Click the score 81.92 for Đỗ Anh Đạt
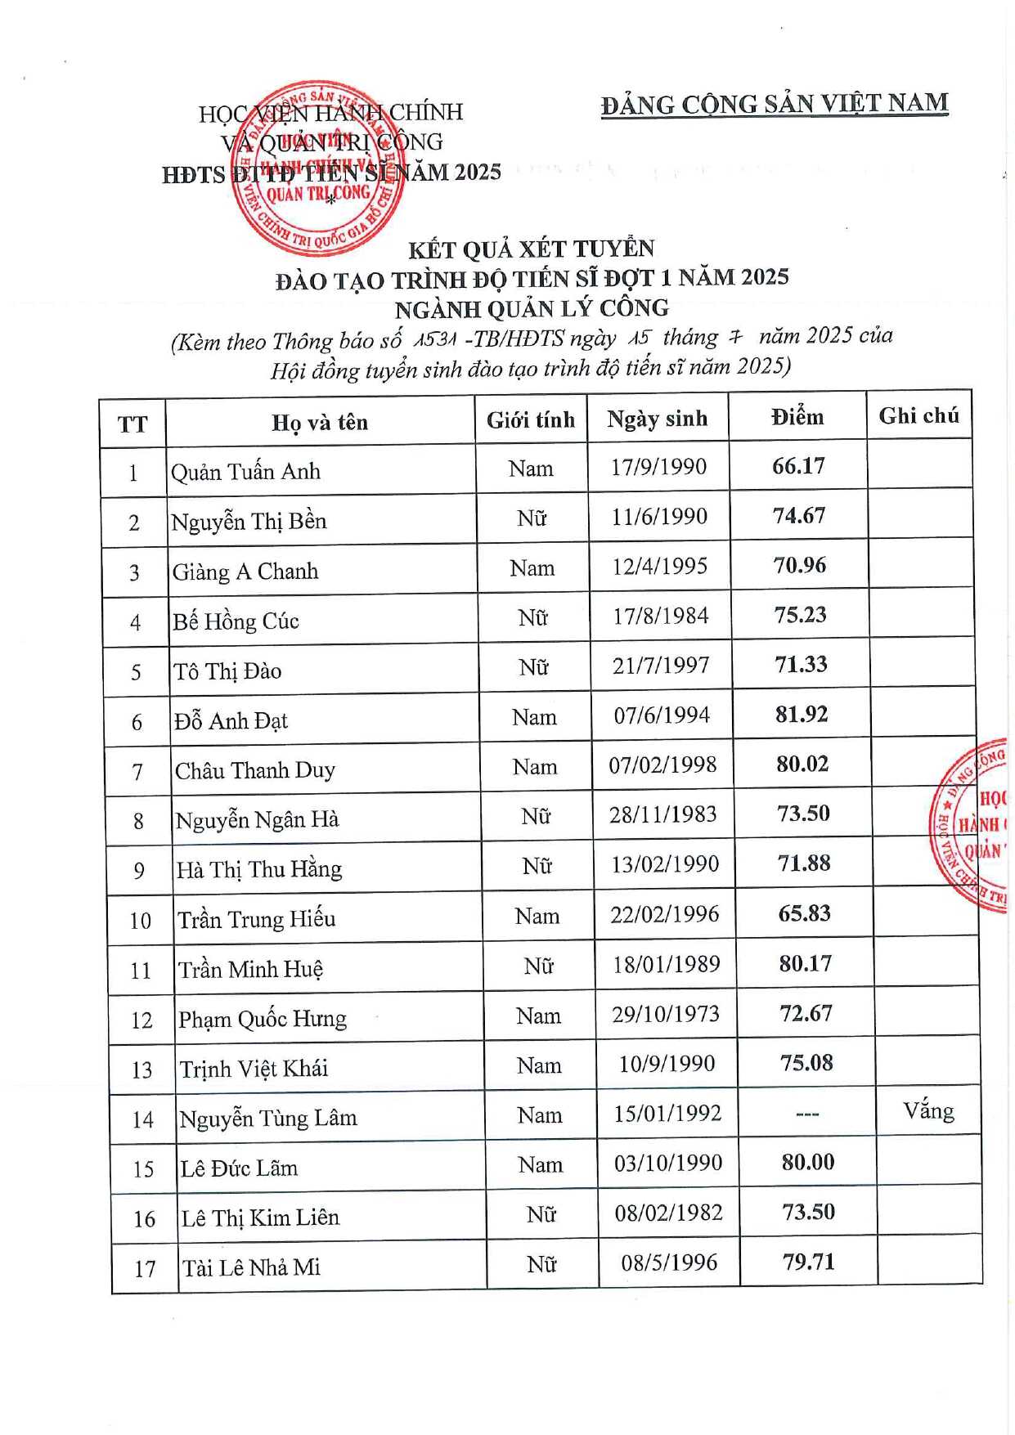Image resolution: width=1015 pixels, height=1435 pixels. click(x=801, y=714)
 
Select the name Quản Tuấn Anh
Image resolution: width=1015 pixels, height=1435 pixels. click(x=245, y=472)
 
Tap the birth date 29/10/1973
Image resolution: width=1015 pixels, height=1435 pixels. click(x=665, y=1014)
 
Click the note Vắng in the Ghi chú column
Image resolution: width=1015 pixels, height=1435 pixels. click(x=928, y=1111)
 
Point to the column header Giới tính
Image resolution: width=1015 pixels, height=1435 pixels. click(x=531, y=420)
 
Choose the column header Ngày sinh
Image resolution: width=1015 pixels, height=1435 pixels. click(x=657, y=419)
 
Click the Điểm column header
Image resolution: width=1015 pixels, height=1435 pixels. click(x=797, y=417)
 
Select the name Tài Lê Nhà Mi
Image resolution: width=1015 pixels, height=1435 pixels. click(x=251, y=1267)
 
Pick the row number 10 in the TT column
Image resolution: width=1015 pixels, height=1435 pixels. click(x=141, y=921)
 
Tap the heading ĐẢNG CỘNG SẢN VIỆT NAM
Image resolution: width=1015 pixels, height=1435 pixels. click(x=775, y=105)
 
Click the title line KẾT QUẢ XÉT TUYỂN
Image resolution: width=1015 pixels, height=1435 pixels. click(x=532, y=249)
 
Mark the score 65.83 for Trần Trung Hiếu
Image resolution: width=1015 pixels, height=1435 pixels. click(x=804, y=913)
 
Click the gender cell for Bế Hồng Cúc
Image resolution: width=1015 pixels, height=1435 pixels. click(x=532, y=617)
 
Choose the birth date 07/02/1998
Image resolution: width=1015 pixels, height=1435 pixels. click(x=662, y=765)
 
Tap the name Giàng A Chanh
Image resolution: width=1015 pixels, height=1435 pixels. click(x=245, y=572)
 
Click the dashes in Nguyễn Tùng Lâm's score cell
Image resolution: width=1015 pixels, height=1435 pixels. click(x=806, y=1114)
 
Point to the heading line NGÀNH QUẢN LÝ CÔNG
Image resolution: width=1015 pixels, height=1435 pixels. click(x=532, y=309)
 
